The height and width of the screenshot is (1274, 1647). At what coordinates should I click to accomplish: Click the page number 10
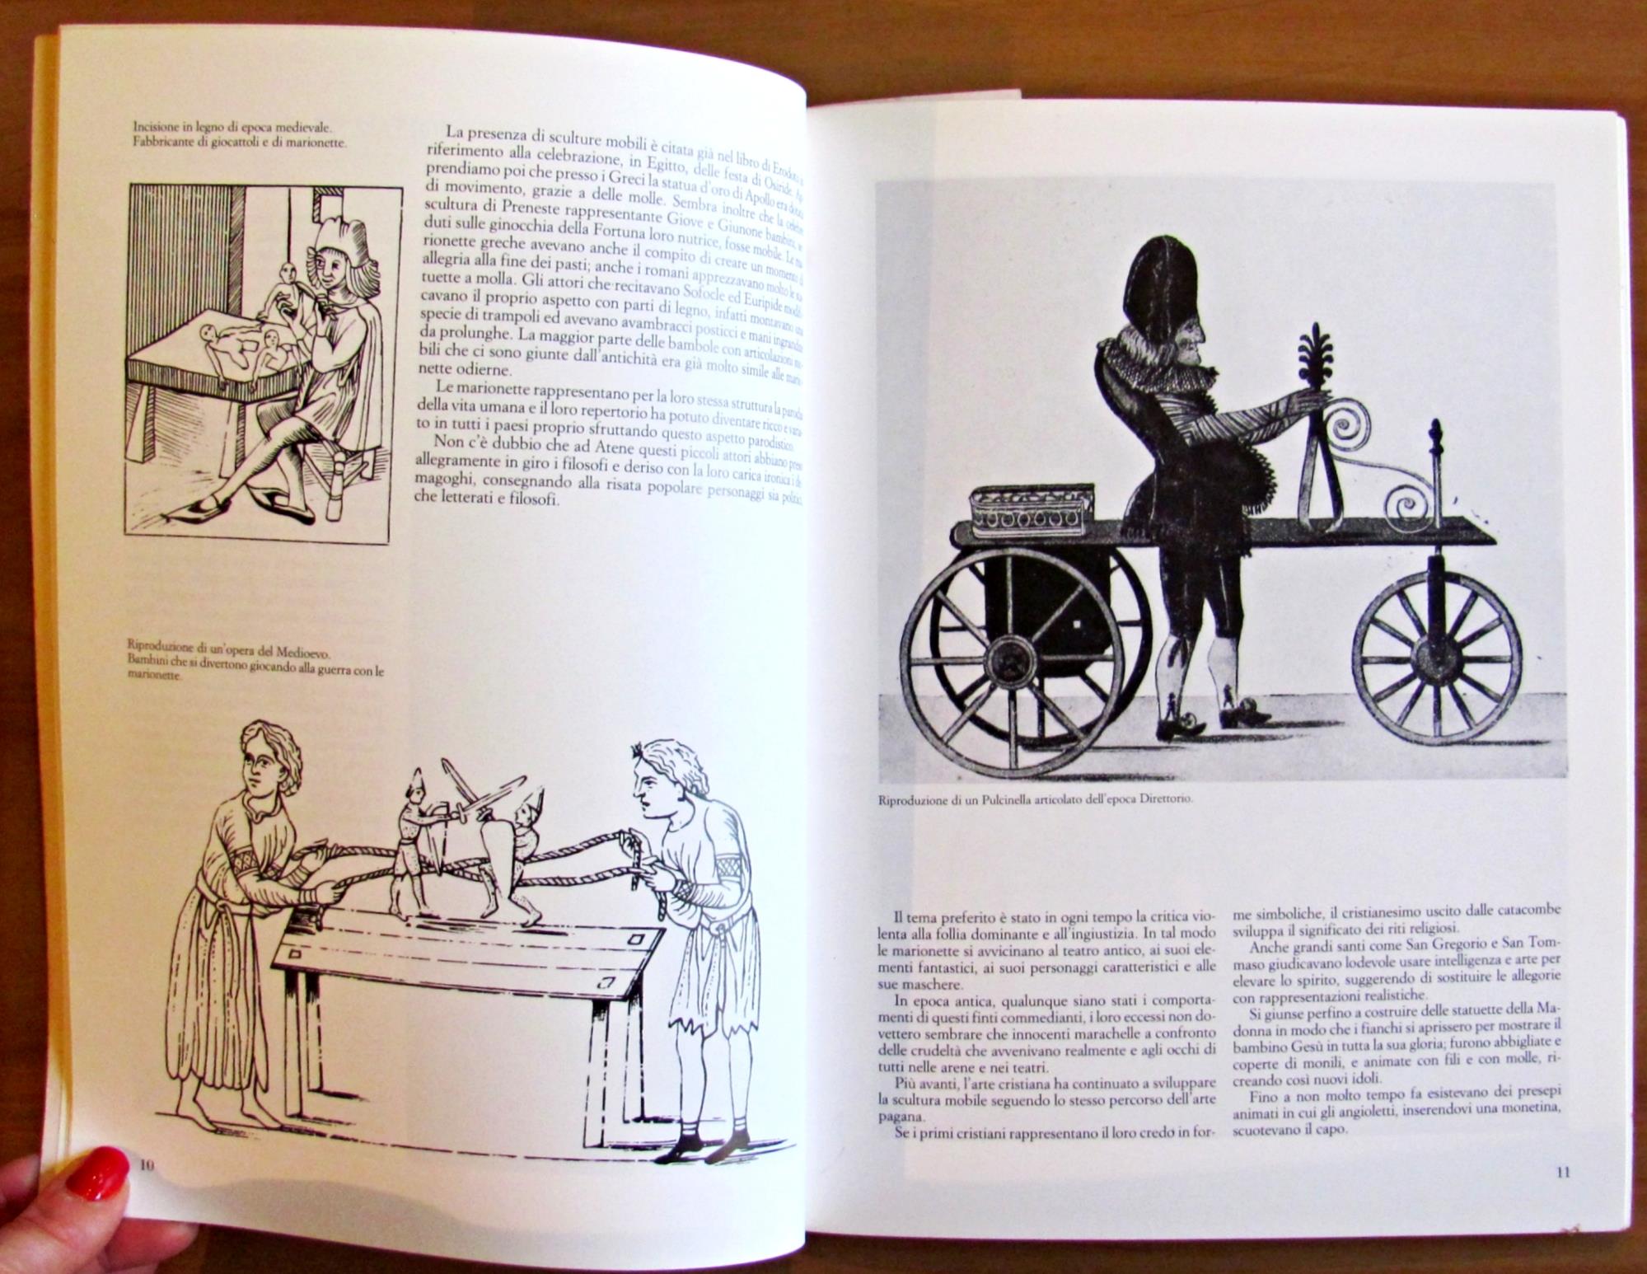(x=147, y=1164)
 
